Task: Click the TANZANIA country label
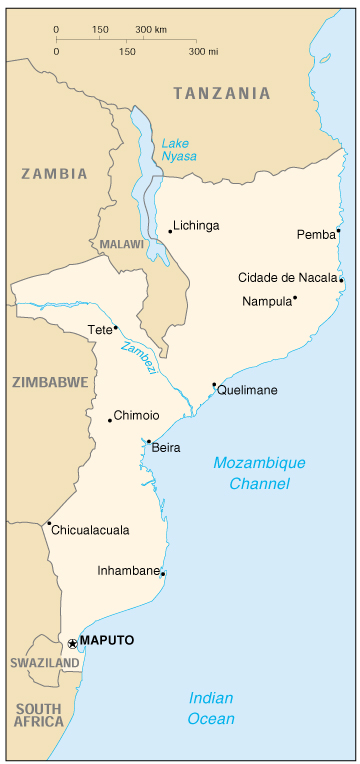221,93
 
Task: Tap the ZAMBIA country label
54,173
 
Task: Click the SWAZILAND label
44,663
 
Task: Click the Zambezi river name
138,358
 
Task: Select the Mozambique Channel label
258,473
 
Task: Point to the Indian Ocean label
212,708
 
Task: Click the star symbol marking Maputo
72,641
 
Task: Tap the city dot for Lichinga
170,231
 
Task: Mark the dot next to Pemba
339,231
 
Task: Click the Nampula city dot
295,297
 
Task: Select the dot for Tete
115,327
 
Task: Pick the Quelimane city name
247,390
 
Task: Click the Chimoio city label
137,415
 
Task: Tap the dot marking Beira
149,441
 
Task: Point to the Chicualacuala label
90,530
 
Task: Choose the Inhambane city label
128,571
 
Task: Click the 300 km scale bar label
150,30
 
